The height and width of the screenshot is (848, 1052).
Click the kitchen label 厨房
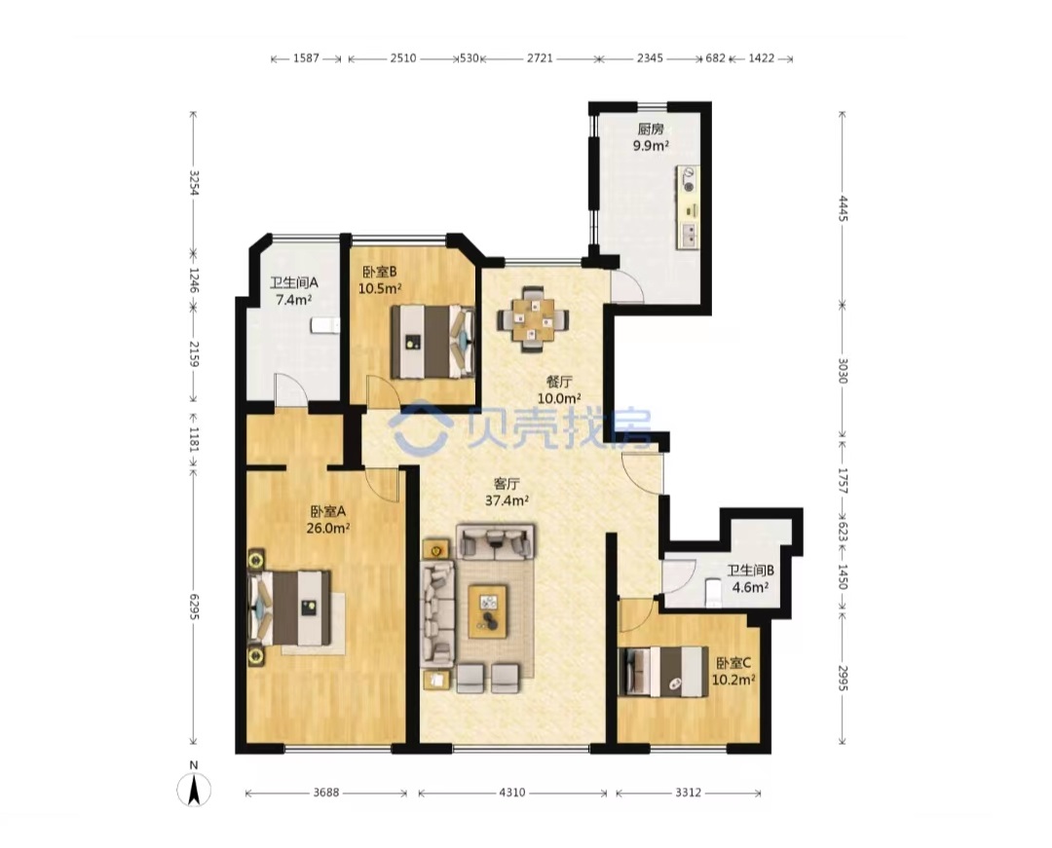coord(650,129)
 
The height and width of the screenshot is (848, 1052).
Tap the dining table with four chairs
coord(534,319)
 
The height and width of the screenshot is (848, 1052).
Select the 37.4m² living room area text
coord(507,500)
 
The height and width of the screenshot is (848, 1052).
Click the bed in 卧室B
coord(432,342)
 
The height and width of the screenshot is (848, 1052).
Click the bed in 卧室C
coord(663,671)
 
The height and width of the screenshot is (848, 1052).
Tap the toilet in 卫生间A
coord(324,325)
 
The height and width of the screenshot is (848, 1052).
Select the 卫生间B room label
coord(751,571)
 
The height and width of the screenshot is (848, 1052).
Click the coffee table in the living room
coord(488,610)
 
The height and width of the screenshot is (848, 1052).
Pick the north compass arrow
coord(194,790)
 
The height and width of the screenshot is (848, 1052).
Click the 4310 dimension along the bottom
coord(512,793)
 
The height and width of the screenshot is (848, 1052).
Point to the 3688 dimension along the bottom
coord(326,793)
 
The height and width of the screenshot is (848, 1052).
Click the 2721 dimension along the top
coord(540,58)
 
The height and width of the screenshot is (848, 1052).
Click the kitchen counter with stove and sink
coord(689,206)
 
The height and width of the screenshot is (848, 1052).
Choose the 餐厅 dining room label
coord(559,382)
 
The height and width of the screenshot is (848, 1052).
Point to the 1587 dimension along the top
coord(306,58)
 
